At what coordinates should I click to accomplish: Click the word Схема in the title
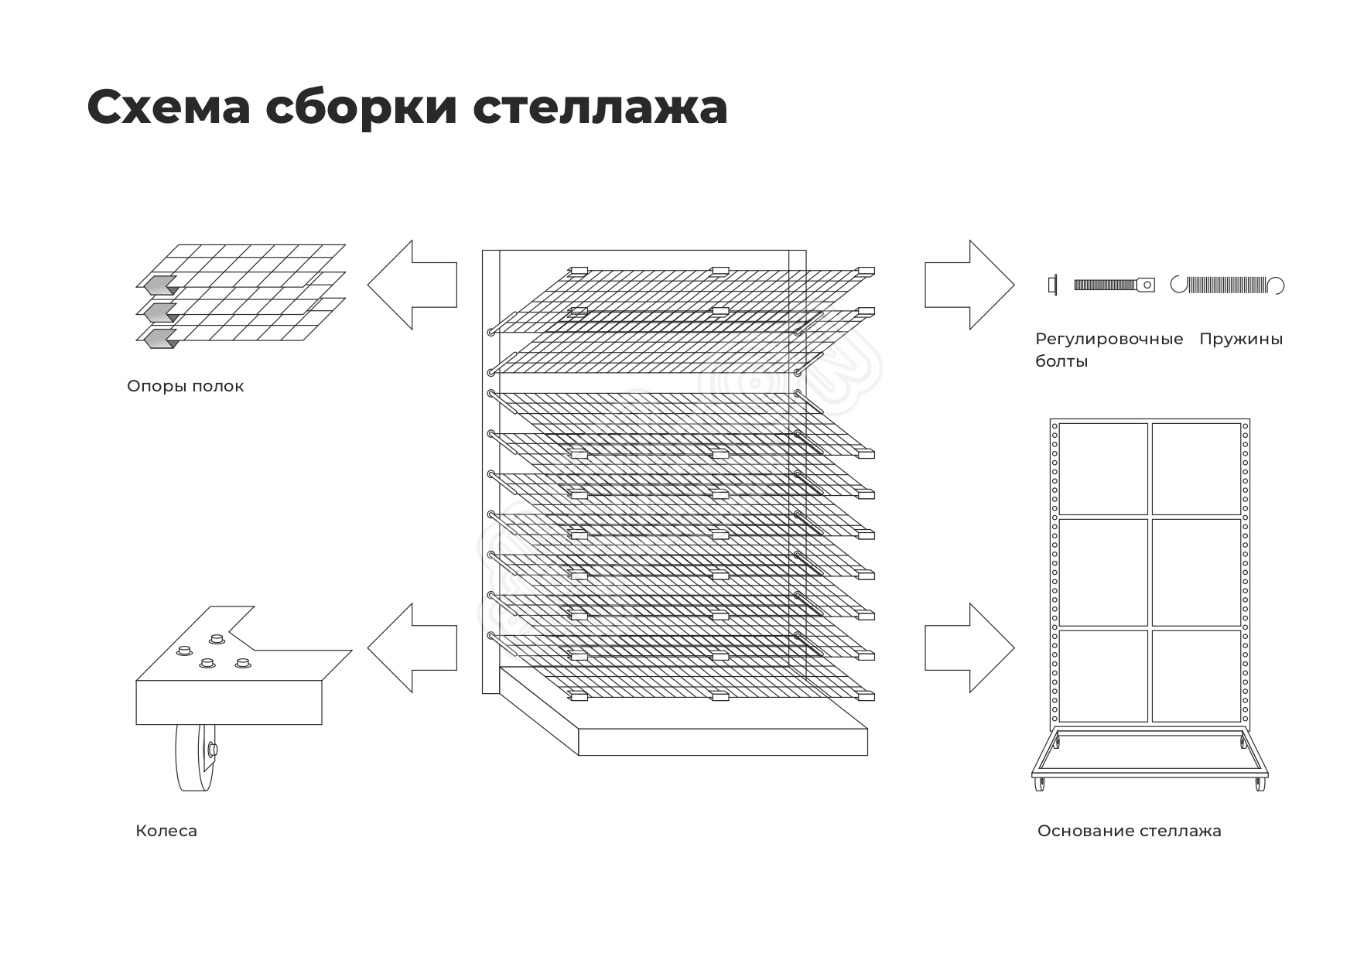pos(169,107)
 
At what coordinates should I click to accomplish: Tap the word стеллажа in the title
pos(600,107)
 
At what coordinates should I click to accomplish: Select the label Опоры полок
pos(185,386)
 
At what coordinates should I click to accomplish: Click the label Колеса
pos(166,831)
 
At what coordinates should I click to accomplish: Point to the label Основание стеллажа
pos(1129,831)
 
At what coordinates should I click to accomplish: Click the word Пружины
pos(1241,339)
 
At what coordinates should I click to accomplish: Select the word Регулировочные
pos(1109,339)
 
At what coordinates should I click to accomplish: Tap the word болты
pos(1061,361)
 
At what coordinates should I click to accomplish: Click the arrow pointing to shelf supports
pos(412,285)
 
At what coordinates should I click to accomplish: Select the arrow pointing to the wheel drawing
pos(412,647)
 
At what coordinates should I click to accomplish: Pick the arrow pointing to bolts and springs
pos(969,285)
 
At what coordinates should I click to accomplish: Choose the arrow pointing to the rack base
pos(969,647)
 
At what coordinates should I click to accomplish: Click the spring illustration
pos(1227,285)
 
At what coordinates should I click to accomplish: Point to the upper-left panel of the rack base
pos(1103,469)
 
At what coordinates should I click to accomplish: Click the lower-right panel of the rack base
pos(1196,675)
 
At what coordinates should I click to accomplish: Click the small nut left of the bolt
pos(1051,285)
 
